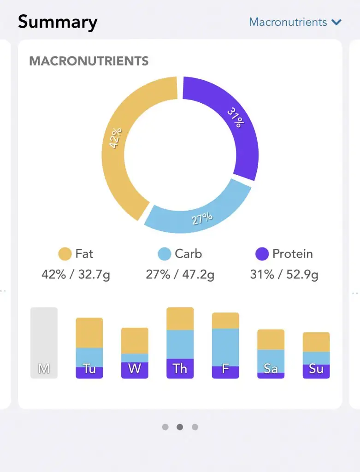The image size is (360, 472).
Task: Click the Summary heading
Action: tap(58, 22)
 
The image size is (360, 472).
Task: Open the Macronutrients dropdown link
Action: tap(288, 22)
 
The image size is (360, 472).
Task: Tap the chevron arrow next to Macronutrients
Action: tap(336, 22)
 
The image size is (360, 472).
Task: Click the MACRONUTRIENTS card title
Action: tap(89, 61)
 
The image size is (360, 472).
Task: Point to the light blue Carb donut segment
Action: tap(203, 212)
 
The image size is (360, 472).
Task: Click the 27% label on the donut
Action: tap(202, 218)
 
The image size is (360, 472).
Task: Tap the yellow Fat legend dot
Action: tap(65, 254)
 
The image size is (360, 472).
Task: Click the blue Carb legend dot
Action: tap(165, 254)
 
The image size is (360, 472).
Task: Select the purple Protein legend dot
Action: tap(262, 254)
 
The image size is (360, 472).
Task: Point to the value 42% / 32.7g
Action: tap(76, 275)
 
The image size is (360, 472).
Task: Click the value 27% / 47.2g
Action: tap(180, 275)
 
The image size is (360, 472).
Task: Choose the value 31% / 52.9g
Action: tap(284, 275)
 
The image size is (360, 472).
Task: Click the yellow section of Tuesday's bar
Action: tap(89, 332)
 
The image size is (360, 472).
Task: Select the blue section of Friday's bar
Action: tap(225, 347)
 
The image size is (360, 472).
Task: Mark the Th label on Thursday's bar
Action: tap(180, 369)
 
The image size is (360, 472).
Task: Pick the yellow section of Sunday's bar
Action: tap(316, 342)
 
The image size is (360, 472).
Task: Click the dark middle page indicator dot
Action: tap(180, 427)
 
